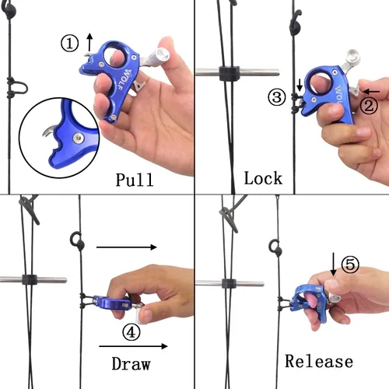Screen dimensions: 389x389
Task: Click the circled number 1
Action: [69, 44]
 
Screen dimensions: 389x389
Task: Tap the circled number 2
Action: [369, 106]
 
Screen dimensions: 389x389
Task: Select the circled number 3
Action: [277, 97]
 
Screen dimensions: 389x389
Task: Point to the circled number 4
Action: [131, 332]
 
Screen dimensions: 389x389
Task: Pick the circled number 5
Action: [350, 265]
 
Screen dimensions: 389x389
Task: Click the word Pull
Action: [135, 180]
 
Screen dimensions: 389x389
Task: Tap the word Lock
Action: [263, 178]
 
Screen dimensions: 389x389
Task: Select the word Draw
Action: [131, 363]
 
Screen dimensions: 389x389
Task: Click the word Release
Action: [319, 361]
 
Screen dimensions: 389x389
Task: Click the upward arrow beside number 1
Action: [89, 42]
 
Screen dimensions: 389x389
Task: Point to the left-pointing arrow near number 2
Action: [371, 92]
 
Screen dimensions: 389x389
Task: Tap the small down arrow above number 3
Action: [300, 86]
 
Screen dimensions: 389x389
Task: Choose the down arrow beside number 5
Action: [334, 265]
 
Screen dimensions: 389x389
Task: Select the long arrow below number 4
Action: [133, 346]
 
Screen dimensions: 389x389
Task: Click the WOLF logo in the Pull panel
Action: [124, 79]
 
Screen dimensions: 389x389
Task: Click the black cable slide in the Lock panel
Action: [230, 73]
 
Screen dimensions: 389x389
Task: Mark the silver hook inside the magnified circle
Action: [49, 131]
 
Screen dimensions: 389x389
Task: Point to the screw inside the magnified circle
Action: [78, 138]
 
